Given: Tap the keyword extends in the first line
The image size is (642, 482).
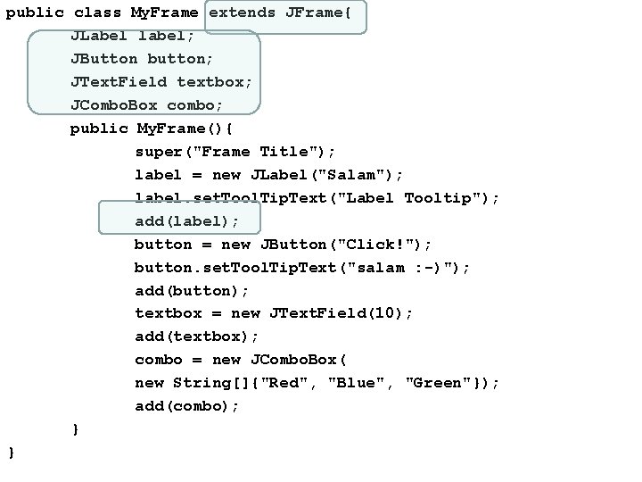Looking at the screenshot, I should [243, 13].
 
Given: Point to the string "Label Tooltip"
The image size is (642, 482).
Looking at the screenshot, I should [416, 198].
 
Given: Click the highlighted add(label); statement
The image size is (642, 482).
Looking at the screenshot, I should [187, 221].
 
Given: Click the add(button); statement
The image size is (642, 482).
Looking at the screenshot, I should [193, 291].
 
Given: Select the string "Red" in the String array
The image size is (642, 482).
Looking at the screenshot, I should [294, 383].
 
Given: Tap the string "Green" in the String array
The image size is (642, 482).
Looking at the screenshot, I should [439, 383].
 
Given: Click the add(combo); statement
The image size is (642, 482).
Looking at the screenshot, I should [187, 406].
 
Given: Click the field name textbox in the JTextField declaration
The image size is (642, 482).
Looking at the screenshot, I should [214, 82].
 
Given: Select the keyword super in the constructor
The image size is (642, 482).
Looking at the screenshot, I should [159, 152].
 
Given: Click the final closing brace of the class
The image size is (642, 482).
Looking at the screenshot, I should [11, 453].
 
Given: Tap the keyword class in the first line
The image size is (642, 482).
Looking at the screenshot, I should [97, 13].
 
